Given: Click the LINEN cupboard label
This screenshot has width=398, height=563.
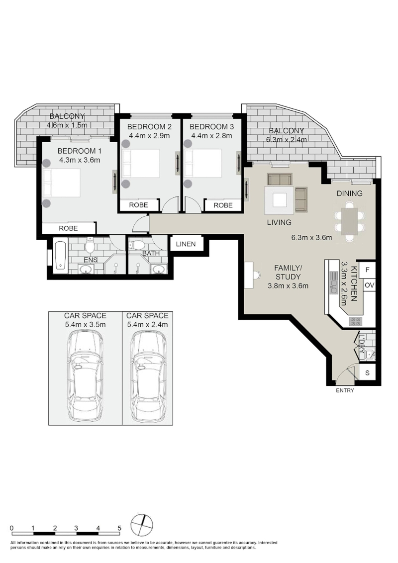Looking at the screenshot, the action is pos(186,244).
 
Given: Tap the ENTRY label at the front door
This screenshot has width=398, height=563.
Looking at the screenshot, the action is pos(345,390).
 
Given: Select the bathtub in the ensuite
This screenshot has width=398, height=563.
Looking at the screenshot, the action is pos(60,256).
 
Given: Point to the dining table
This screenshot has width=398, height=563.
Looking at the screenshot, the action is pos(350,221).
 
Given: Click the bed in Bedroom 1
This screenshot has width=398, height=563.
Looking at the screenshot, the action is pos(61,183).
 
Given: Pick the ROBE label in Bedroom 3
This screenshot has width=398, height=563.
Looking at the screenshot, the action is pos(223,205).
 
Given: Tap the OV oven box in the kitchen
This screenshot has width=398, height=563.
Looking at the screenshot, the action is pos(369,286).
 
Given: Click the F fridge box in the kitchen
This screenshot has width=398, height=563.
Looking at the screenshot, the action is pos(368,270).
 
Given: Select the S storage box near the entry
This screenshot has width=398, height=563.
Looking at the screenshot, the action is pos(368,373).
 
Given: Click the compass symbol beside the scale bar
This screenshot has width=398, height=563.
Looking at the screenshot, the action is pos(142,525).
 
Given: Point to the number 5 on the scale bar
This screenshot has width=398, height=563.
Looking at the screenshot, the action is pos(119,528).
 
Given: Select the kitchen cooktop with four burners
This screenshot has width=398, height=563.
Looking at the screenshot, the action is pos(356,321).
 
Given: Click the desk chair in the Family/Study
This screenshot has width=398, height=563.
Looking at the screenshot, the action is pos(256,276).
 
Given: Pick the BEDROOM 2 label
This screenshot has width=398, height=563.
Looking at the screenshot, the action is pos(149,127).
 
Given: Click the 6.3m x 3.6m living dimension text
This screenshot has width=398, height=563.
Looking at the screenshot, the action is pos(311,237).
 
